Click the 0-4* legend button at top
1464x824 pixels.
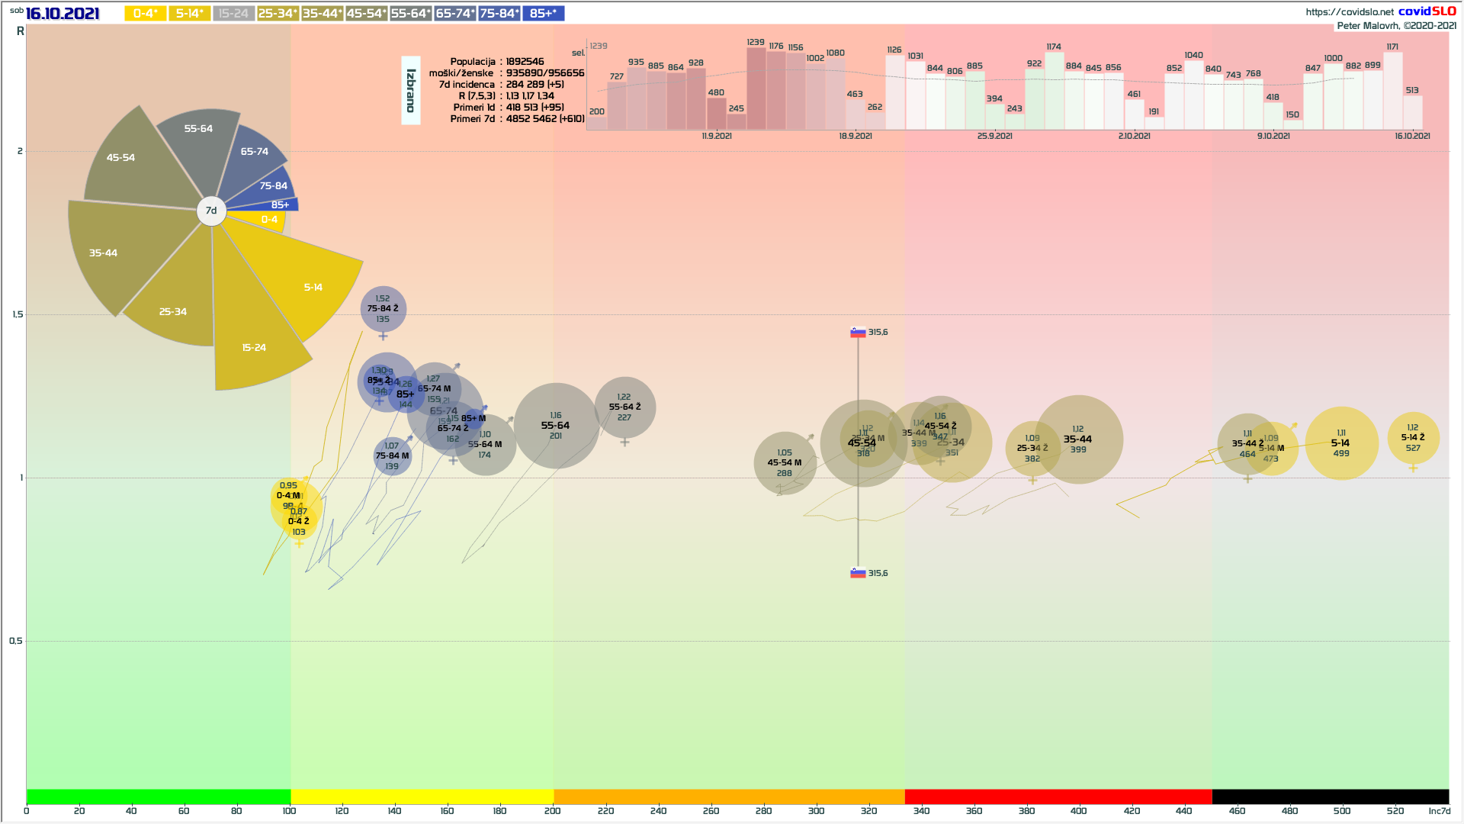tap(145, 14)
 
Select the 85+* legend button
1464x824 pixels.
tap(543, 14)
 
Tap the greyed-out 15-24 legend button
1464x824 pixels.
tap(233, 14)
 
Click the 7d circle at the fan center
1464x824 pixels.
tap(211, 211)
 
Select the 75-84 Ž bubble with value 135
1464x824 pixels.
tap(383, 309)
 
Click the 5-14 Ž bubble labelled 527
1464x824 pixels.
tap(1413, 438)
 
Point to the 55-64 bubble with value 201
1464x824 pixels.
tap(556, 426)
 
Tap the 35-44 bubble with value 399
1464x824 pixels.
tap(1078, 439)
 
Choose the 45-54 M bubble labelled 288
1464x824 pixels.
tap(785, 462)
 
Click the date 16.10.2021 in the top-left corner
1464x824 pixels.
tap(63, 14)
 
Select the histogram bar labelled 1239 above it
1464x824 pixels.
tap(756, 88)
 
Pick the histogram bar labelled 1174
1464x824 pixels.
tap(1054, 90)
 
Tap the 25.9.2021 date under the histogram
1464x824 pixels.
tap(995, 136)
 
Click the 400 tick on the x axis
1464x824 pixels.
tap(1078, 810)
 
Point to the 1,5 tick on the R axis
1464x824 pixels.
tap(17, 314)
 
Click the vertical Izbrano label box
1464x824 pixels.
tap(411, 90)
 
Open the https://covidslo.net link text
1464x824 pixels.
tap(1349, 11)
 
